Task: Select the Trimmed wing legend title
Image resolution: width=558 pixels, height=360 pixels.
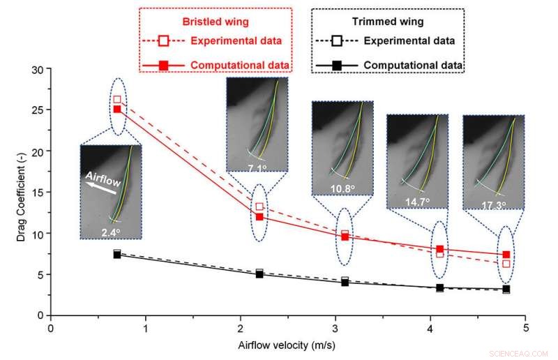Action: coord(387,21)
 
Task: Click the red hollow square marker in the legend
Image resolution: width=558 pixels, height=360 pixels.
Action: coord(163,41)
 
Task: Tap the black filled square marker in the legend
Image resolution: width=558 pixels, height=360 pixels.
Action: coord(335,66)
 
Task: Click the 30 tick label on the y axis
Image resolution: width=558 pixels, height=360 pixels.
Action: coord(37,69)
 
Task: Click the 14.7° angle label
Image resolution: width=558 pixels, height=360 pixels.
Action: coord(418,201)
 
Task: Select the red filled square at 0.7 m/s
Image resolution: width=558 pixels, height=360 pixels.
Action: coord(117,110)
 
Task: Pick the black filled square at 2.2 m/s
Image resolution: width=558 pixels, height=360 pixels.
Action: coord(259,274)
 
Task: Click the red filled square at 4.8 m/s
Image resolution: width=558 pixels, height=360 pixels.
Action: coord(506,255)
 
